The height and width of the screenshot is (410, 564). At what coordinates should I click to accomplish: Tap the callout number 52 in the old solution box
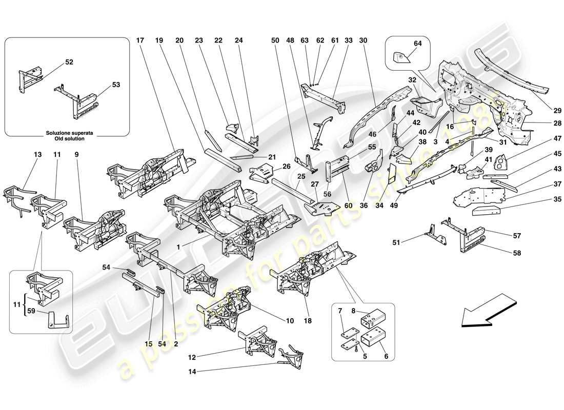69,62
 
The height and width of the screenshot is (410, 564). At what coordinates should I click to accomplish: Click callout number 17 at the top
141,40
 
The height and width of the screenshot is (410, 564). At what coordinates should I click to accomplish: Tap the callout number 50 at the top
275,40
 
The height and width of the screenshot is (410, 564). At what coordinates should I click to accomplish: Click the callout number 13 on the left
37,154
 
